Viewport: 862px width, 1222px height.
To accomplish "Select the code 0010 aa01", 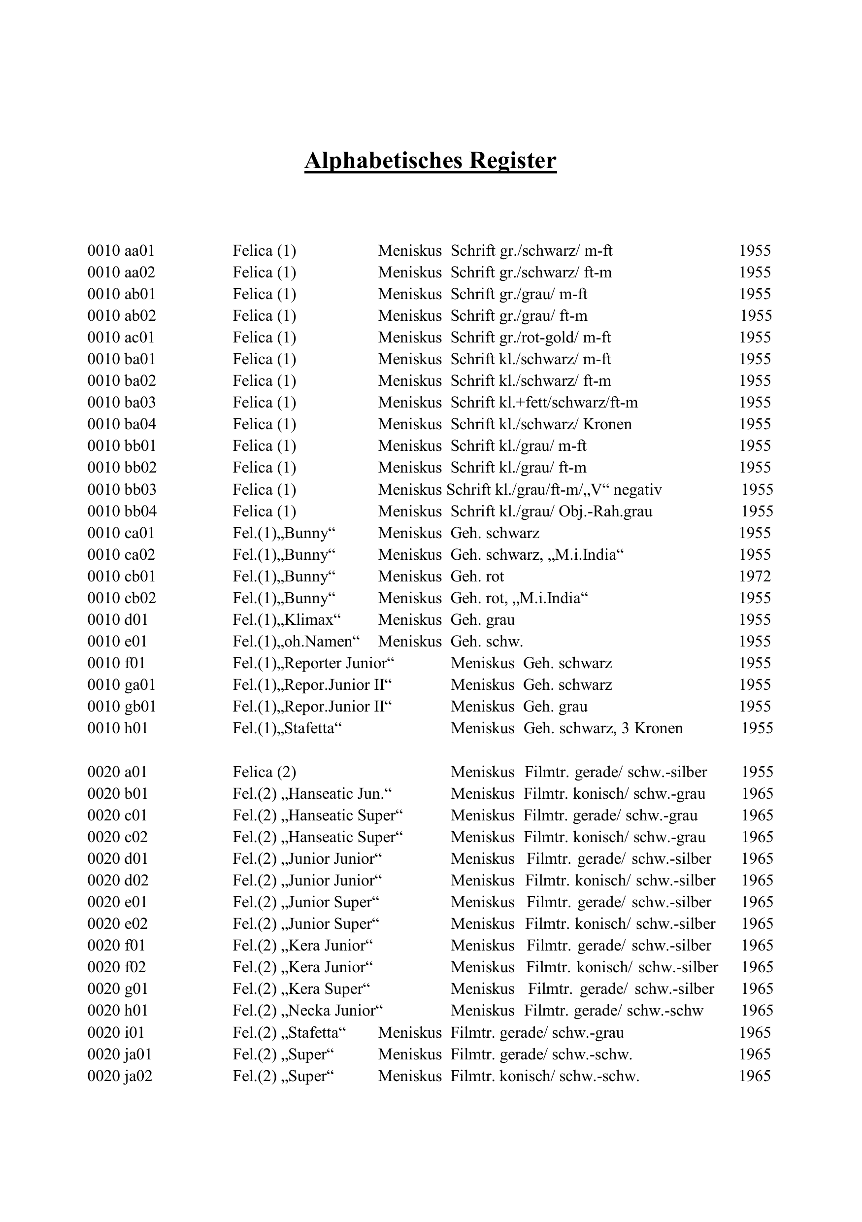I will (x=121, y=251).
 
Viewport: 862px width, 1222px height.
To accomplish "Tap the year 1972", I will (x=755, y=577).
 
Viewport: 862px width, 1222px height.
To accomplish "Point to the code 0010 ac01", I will (x=121, y=338).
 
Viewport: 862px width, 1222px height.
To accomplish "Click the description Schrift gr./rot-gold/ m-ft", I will (x=530, y=338).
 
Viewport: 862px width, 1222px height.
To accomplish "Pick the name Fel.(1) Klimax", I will (x=286, y=620).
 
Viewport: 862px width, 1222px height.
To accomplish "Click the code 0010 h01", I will (x=117, y=728).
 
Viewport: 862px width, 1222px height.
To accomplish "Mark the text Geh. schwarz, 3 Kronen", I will (x=603, y=728).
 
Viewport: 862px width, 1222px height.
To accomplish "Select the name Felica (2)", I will (x=264, y=772).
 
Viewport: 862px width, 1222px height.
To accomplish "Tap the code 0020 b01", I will (x=117, y=794).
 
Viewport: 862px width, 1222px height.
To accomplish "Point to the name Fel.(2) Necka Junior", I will (x=307, y=1011).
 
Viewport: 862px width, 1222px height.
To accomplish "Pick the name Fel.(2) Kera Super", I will (x=301, y=989).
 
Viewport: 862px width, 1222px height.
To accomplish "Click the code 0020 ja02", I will (x=120, y=1076).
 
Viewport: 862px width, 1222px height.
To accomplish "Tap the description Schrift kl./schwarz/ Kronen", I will (x=541, y=424).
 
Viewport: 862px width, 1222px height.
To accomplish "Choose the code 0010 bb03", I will (x=122, y=490).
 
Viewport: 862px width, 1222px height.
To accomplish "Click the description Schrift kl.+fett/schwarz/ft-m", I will (x=544, y=403).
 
